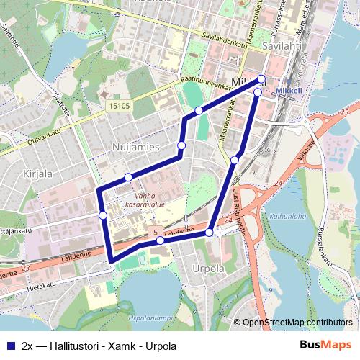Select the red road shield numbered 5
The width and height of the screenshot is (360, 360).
click(154, 231)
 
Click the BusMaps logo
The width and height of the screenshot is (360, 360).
click(325, 345)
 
